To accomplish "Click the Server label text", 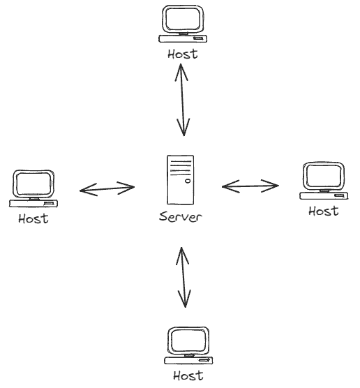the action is pos(181,217).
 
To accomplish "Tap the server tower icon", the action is pos(181,180).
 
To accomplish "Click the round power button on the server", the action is pos(188,181).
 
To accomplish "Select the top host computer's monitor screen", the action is pos(183,20).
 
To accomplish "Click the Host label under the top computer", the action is pos(183,54).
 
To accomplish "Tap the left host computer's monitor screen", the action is pos(33,184).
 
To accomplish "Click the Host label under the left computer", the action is pos(33,218).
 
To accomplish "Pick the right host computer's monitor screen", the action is pos(324,176).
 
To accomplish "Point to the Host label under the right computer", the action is pos(324,211).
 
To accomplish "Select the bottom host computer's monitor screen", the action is pos(188,341).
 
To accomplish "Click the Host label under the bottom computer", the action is pos(188,375).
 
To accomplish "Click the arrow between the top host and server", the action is pos(182,100).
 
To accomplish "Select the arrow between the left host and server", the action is pos(107,189).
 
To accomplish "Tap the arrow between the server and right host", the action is pos(250,186).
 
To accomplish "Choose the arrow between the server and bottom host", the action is pos(183,277).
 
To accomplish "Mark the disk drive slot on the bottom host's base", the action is pos(204,360).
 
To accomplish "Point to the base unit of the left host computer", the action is pos(33,203).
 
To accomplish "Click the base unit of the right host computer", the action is pos(324,195).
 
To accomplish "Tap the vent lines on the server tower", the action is pos(181,168).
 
